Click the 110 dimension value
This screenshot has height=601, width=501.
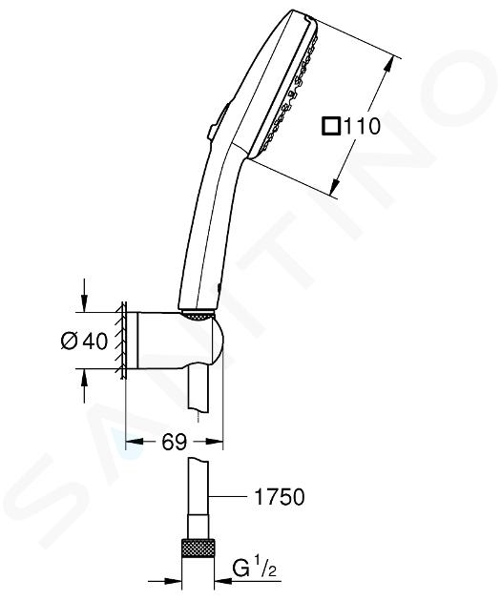tap(362, 126)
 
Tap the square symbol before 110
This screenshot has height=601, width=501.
tap(331, 126)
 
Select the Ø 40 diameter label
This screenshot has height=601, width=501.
tap(84, 341)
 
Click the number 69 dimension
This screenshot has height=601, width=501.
tap(174, 442)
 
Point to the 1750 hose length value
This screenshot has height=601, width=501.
tap(280, 497)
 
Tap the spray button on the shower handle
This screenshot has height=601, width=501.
tap(219, 120)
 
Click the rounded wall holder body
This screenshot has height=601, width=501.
tap(179, 341)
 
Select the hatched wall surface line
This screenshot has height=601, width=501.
tap(123, 341)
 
